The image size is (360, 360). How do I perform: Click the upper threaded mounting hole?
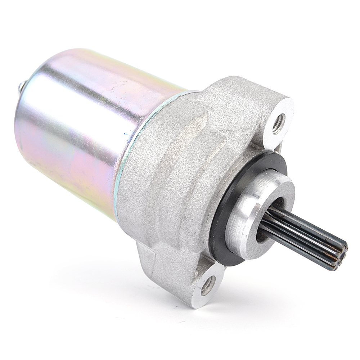coord(279,123)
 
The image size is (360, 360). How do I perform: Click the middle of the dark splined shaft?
coord(302,234)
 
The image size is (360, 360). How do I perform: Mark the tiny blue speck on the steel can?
coord(126,134)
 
